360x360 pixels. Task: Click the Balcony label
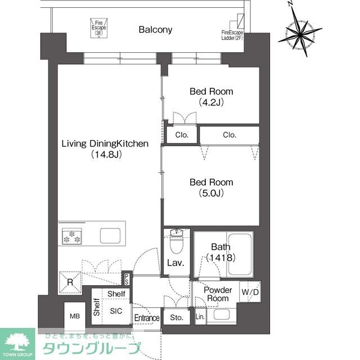pos(156,30)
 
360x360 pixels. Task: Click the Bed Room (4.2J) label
pos(211,97)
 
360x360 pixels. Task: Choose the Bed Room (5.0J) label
pos(211,188)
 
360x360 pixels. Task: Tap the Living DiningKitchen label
pos(105,148)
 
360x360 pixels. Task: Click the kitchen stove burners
pos(71,236)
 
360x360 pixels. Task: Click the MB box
pos(75,317)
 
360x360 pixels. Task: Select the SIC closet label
pos(116,310)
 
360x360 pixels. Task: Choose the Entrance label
pos(147,318)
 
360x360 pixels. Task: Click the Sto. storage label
pos(177,317)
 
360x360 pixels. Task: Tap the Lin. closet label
pos(200,317)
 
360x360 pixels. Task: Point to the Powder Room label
pos(218,294)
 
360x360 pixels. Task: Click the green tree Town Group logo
pos(18,342)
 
